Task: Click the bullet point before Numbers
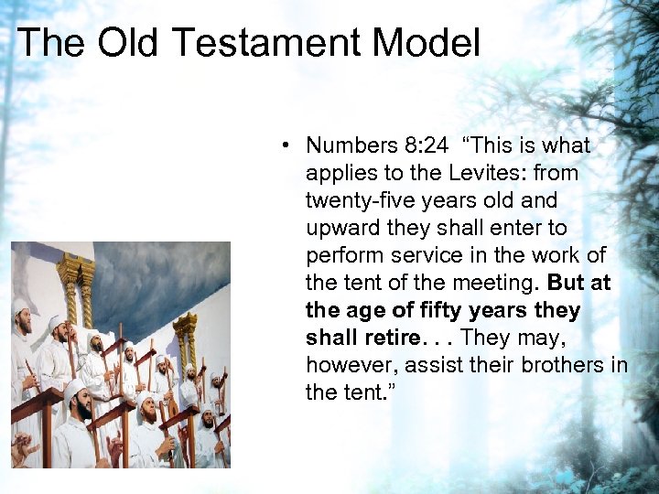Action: point(286,145)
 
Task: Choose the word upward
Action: point(338,228)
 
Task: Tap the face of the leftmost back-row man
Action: point(23,322)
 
